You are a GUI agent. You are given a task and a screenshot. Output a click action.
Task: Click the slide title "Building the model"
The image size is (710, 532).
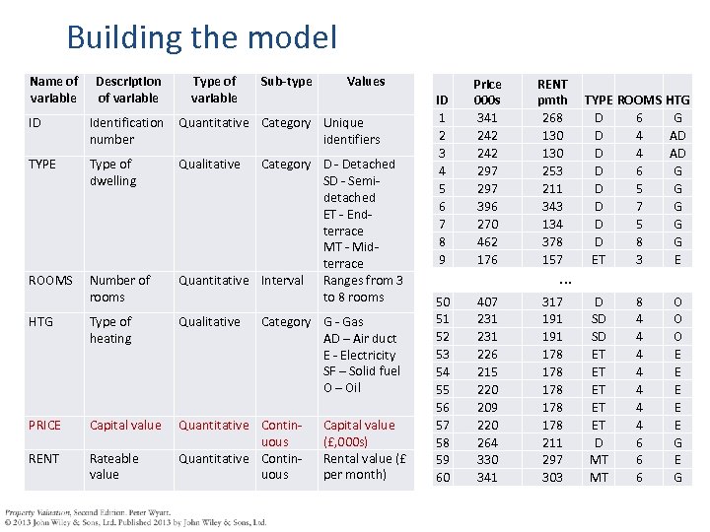[201, 37]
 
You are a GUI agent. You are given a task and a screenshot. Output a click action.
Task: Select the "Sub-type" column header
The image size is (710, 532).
[285, 81]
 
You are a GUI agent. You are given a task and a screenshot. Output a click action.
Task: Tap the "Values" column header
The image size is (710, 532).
[366, 81]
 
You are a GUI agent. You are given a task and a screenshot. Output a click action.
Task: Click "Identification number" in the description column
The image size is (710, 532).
[126, 131]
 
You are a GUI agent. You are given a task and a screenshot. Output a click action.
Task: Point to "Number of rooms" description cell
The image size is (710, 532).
[120, 289]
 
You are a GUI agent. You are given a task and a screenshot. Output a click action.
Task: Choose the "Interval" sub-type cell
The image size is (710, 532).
[282, 281]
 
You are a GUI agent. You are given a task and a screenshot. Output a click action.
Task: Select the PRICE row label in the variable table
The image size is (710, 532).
[45, 426]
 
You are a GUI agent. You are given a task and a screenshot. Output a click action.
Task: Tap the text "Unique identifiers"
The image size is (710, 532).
[352, 131]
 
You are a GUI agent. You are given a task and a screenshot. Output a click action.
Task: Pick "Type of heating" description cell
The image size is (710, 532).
[111, 330]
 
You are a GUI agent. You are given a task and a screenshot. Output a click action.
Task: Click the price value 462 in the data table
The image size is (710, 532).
[487, 241]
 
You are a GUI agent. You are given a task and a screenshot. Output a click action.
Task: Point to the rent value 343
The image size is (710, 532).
[552, 206]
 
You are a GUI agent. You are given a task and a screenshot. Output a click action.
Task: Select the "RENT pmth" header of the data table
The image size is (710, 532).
[552, 92]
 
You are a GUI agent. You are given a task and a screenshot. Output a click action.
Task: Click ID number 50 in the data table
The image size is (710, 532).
[443, 301]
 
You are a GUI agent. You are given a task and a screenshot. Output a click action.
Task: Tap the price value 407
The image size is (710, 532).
[487, 301]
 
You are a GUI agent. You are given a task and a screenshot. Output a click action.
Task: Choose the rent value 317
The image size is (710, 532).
[552, 301]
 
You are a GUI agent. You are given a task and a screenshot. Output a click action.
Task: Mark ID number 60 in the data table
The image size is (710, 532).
[443, 478]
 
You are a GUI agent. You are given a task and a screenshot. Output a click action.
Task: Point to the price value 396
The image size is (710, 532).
[487, 206]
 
